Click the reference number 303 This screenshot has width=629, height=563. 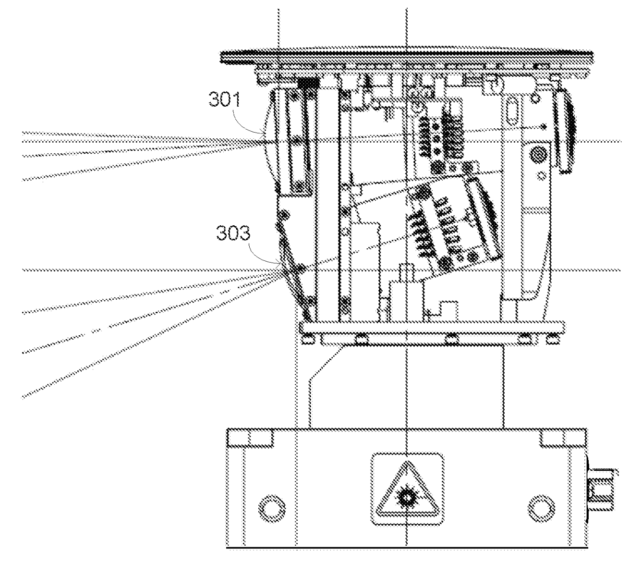point(232,234)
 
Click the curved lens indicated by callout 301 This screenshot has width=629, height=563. point(268,139)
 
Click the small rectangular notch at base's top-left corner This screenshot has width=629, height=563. point(238,438)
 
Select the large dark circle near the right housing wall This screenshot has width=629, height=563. point(536,155)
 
